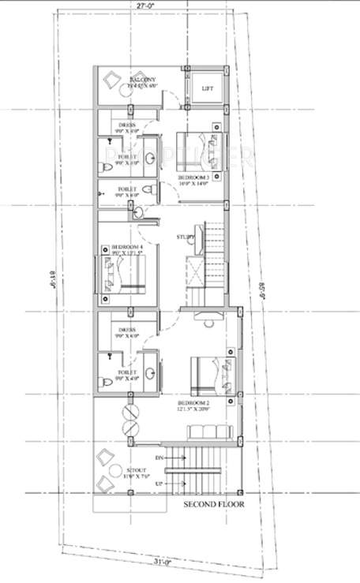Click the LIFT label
[x=208, y=88]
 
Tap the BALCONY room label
[x=142, y=80]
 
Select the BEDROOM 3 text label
[x=193, y=179]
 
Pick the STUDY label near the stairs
[x=186, y=235]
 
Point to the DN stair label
[x=159, y=458]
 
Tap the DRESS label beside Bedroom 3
[x=127, y=125]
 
